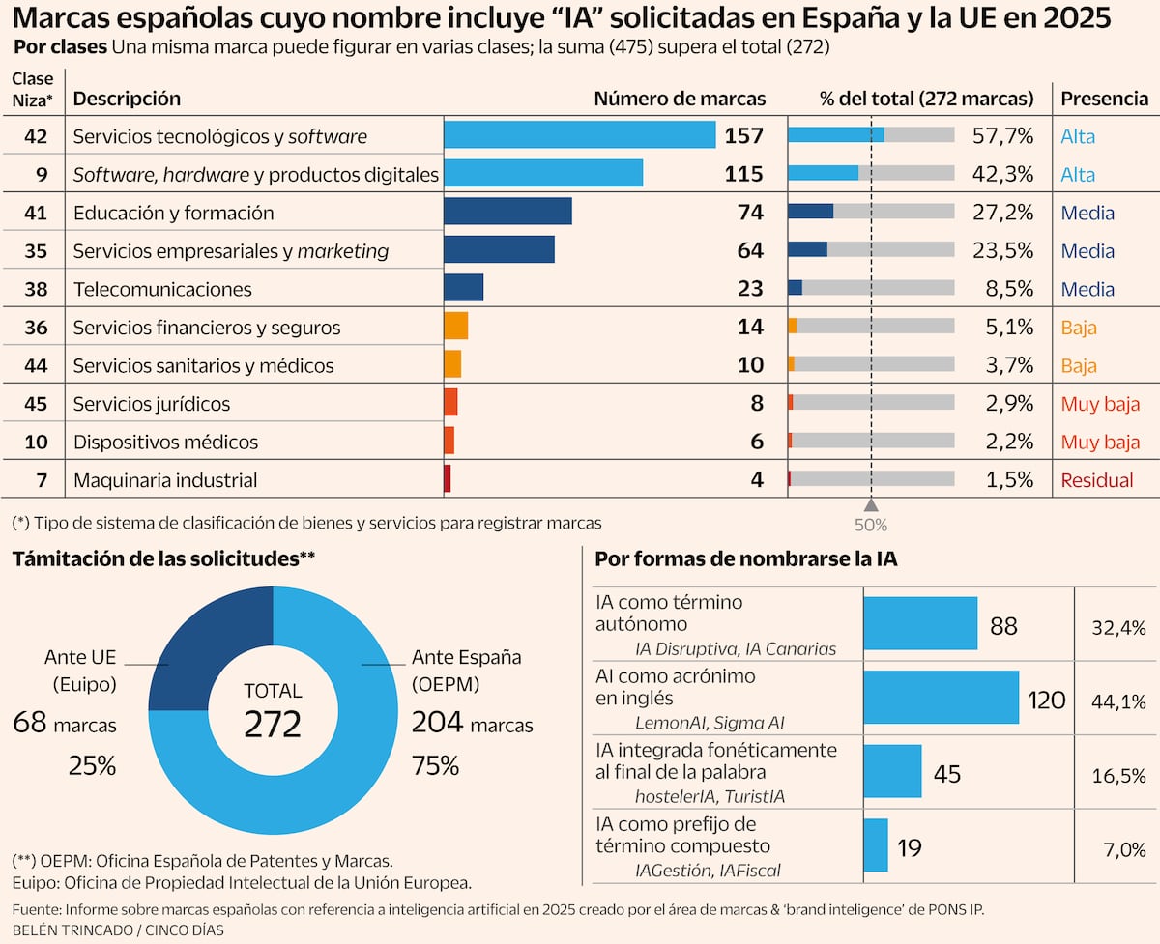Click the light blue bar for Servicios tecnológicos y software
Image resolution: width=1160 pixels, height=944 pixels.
point(579,135)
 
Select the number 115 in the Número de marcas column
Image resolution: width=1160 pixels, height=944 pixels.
point(743,174)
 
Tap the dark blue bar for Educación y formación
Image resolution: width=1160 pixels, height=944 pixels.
point(507,212)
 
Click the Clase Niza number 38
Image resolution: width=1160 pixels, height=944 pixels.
point(36,289)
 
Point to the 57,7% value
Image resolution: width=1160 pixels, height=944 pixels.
point(1009,136)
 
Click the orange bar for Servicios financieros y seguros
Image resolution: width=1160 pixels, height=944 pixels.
point(455,327)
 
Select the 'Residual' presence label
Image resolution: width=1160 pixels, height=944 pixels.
point(1095,480)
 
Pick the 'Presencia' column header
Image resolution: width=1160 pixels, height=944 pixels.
point(1105,99)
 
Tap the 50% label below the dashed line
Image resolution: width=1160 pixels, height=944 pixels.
point(871,526)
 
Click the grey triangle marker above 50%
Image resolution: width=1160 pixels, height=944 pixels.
point(871,505)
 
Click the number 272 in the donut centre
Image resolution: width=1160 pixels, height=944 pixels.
point(273,723)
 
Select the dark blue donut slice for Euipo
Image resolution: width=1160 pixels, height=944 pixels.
point(203,638)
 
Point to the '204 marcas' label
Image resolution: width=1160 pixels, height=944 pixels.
point(472,723)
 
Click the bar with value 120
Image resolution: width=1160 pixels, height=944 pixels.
point(941,697)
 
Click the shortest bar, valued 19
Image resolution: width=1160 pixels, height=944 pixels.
point(875,845)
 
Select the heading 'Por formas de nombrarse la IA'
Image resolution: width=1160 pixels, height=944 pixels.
point(745,558)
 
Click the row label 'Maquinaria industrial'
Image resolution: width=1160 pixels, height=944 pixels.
point(165,480)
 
